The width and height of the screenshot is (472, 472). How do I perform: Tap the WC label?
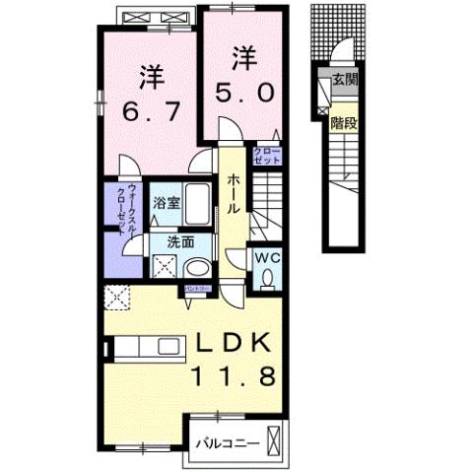click(x=268, y=258)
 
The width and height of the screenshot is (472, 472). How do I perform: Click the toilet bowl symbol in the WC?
click(x=268, y=280)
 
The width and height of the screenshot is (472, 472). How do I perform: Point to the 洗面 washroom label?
click(x=165, y=239)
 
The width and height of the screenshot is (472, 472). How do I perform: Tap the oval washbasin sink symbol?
click(x=197, y=267)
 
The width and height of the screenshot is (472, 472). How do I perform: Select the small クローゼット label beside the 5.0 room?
click(x=267, y=155)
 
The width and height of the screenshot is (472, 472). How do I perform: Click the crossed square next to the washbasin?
click(x=164, y=264)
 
